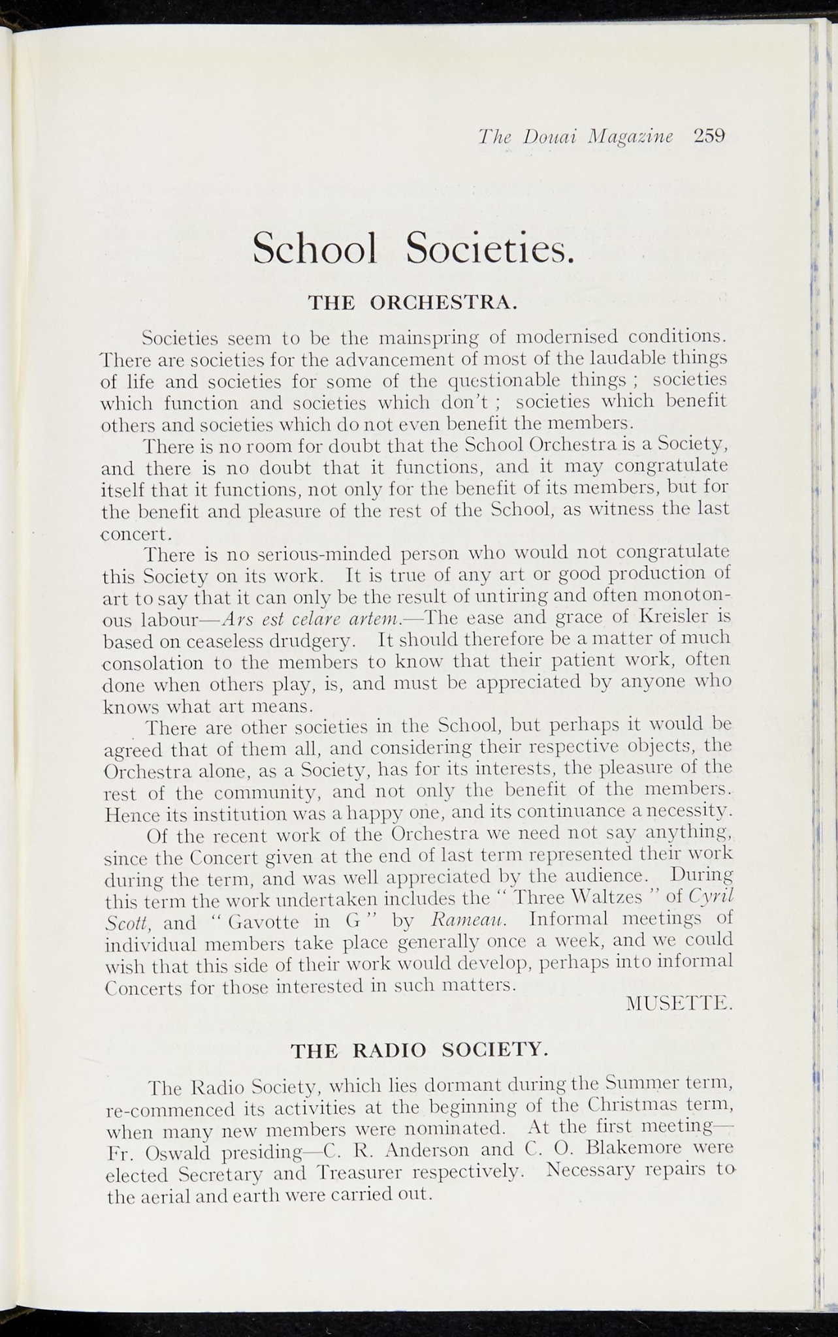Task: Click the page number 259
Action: [x=710, y=136]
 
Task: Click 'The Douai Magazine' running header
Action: [x=575, y=136]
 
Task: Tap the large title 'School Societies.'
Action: [x=413, y=249]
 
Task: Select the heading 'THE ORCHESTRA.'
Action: [x=413, y=302]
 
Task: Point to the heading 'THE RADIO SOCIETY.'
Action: [x=416, y=1050]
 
